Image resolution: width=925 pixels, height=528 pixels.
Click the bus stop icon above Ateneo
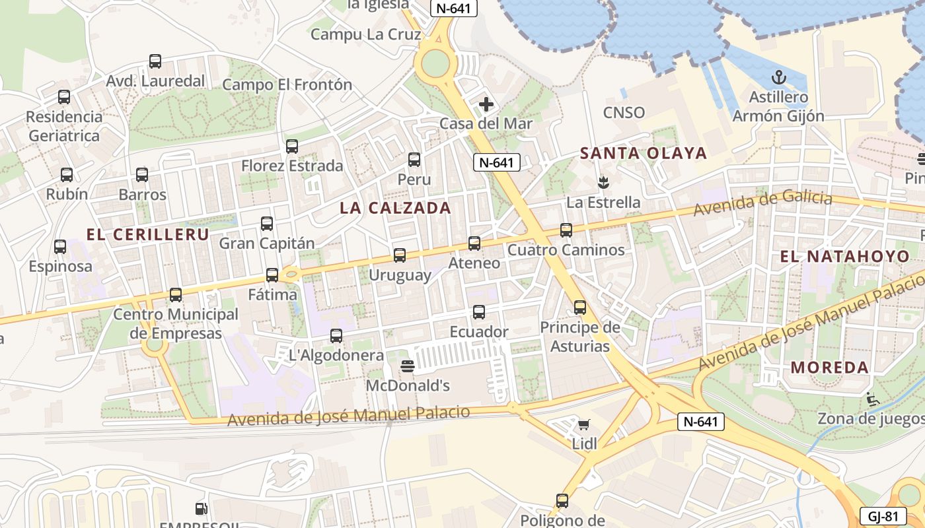coord(474,244)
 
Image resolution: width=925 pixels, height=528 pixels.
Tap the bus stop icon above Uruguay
coord(399,255)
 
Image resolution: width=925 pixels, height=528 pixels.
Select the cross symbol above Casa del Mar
coord(486,104)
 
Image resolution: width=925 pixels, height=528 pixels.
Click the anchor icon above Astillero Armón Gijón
coord(778,77)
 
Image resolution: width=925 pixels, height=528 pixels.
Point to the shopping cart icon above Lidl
coord(584,424)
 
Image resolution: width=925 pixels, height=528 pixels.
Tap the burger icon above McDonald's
coord(408,366)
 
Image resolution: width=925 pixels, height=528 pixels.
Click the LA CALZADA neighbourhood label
coord(395,208)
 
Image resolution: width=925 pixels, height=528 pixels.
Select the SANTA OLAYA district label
coord(644,154)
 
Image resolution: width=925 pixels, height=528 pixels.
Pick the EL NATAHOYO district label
coord(845,257)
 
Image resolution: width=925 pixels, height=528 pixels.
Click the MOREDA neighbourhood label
coord(830,368)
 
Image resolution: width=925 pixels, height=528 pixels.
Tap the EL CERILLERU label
coord(148,234)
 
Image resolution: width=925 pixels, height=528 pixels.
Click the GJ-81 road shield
coord(883,516)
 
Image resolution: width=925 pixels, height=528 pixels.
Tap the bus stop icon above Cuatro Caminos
coord(566,230)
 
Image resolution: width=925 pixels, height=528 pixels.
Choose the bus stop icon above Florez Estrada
coord(292,147)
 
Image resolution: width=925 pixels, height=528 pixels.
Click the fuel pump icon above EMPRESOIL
coord(201,509)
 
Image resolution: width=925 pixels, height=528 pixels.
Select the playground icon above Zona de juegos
coord(872,399)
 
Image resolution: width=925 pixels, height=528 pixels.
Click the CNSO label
coord(624,112)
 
